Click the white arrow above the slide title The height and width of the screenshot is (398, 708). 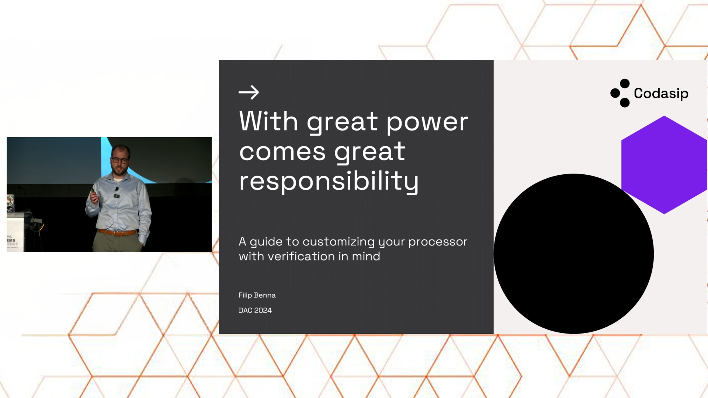tap(249, 92)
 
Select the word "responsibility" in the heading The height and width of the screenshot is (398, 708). tap(329, 181)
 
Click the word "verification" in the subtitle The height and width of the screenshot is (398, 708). tap(301, 256)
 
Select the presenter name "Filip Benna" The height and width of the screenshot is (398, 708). tap(257, 295)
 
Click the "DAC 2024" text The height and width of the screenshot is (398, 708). tap(255, 310)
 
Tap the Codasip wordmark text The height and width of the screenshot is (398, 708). tap(661, 94)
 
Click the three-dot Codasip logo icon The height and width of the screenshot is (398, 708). tap(621, 93)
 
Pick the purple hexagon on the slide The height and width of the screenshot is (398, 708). tap(664, 165)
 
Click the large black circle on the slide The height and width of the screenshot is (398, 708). tap(574, 254)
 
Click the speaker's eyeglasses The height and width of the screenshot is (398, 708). tap(120, 160)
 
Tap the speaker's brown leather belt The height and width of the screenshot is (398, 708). tap(117, 233)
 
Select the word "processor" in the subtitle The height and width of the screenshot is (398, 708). tap(438, 242)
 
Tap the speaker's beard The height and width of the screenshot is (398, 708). tap(119, 170)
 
